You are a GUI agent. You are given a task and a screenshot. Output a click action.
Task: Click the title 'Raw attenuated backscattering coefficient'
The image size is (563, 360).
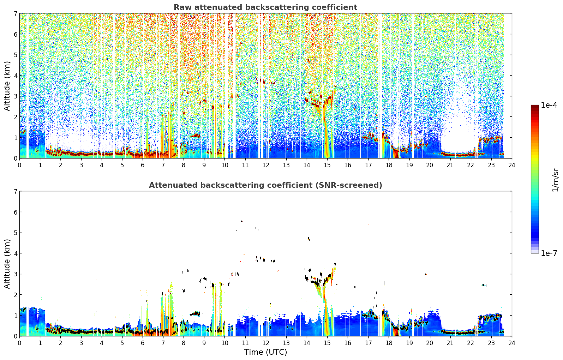265,7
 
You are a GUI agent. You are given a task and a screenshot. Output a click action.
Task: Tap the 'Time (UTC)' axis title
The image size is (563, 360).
265,352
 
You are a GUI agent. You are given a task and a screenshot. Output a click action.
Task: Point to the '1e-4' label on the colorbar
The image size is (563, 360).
549,105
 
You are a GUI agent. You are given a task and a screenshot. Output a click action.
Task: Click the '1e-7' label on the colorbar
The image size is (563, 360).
549,253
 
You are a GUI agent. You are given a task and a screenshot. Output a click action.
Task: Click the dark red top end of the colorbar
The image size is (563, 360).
535,107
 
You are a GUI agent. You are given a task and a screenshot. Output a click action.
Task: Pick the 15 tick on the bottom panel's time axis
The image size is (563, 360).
327,343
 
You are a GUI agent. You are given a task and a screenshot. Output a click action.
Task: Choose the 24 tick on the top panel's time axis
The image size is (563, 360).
512,165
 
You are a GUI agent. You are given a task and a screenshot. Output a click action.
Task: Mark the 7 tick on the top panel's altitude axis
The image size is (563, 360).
15,13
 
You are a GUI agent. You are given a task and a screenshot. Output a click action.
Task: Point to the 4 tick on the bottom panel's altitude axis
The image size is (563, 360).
15,253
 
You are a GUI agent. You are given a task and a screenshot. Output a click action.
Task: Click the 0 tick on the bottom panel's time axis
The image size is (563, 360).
20,343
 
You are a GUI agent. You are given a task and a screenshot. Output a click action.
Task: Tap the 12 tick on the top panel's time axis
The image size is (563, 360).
266,165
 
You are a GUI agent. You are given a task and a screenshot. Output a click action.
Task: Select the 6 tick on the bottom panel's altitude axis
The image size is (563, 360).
15,212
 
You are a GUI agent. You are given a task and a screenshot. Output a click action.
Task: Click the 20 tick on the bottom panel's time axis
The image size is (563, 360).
430,343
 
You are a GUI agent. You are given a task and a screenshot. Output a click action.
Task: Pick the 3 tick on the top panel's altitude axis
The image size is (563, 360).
15,96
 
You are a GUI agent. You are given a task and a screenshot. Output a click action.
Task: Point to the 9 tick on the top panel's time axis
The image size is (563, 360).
204,165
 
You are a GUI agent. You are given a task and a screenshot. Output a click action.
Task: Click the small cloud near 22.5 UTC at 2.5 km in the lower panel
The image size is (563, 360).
484,285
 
